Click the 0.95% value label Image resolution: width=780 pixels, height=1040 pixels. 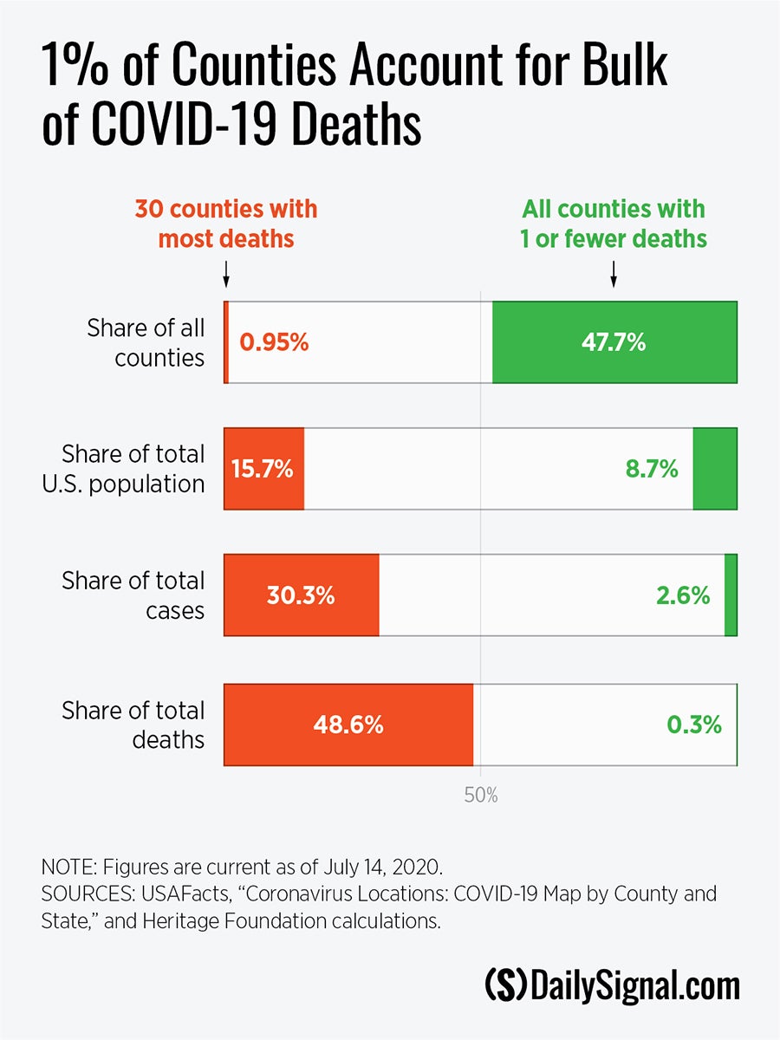pos(274,342)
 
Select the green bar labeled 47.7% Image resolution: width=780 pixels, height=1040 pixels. pos(614,342)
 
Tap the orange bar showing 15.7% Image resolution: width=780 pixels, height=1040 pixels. pos(263,469)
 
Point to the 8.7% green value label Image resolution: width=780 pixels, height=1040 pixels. pos(651,469)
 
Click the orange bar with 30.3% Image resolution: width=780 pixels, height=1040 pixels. pos(301,595)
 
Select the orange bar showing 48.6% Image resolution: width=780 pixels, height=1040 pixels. pos(348,725)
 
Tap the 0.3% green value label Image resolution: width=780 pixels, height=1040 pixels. pos(693,725)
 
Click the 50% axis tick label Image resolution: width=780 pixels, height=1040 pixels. pos(481,795)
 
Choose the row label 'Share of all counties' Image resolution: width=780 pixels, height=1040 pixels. pos(146,342)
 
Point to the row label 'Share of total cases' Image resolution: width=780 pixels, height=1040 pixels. pos(133,595)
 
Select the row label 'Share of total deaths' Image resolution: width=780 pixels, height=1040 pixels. pos(133,725)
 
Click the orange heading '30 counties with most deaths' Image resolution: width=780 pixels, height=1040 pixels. pos(225,224)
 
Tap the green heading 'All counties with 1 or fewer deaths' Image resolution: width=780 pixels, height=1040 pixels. pos(614,224)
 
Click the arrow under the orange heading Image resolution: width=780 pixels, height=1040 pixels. pos(225,275)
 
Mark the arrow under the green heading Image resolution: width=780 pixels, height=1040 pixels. pos(614,275)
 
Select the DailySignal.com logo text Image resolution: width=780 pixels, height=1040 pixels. pos(612,986)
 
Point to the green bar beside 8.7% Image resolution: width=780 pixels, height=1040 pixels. pos(715,469)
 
